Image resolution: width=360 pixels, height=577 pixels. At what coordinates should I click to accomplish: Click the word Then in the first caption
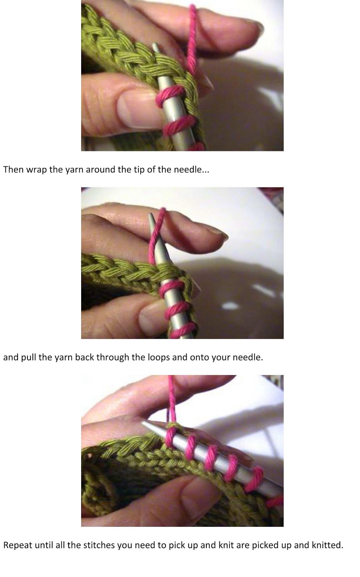point(13,169)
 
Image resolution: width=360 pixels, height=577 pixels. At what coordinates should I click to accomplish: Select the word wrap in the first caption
point(36,170)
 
